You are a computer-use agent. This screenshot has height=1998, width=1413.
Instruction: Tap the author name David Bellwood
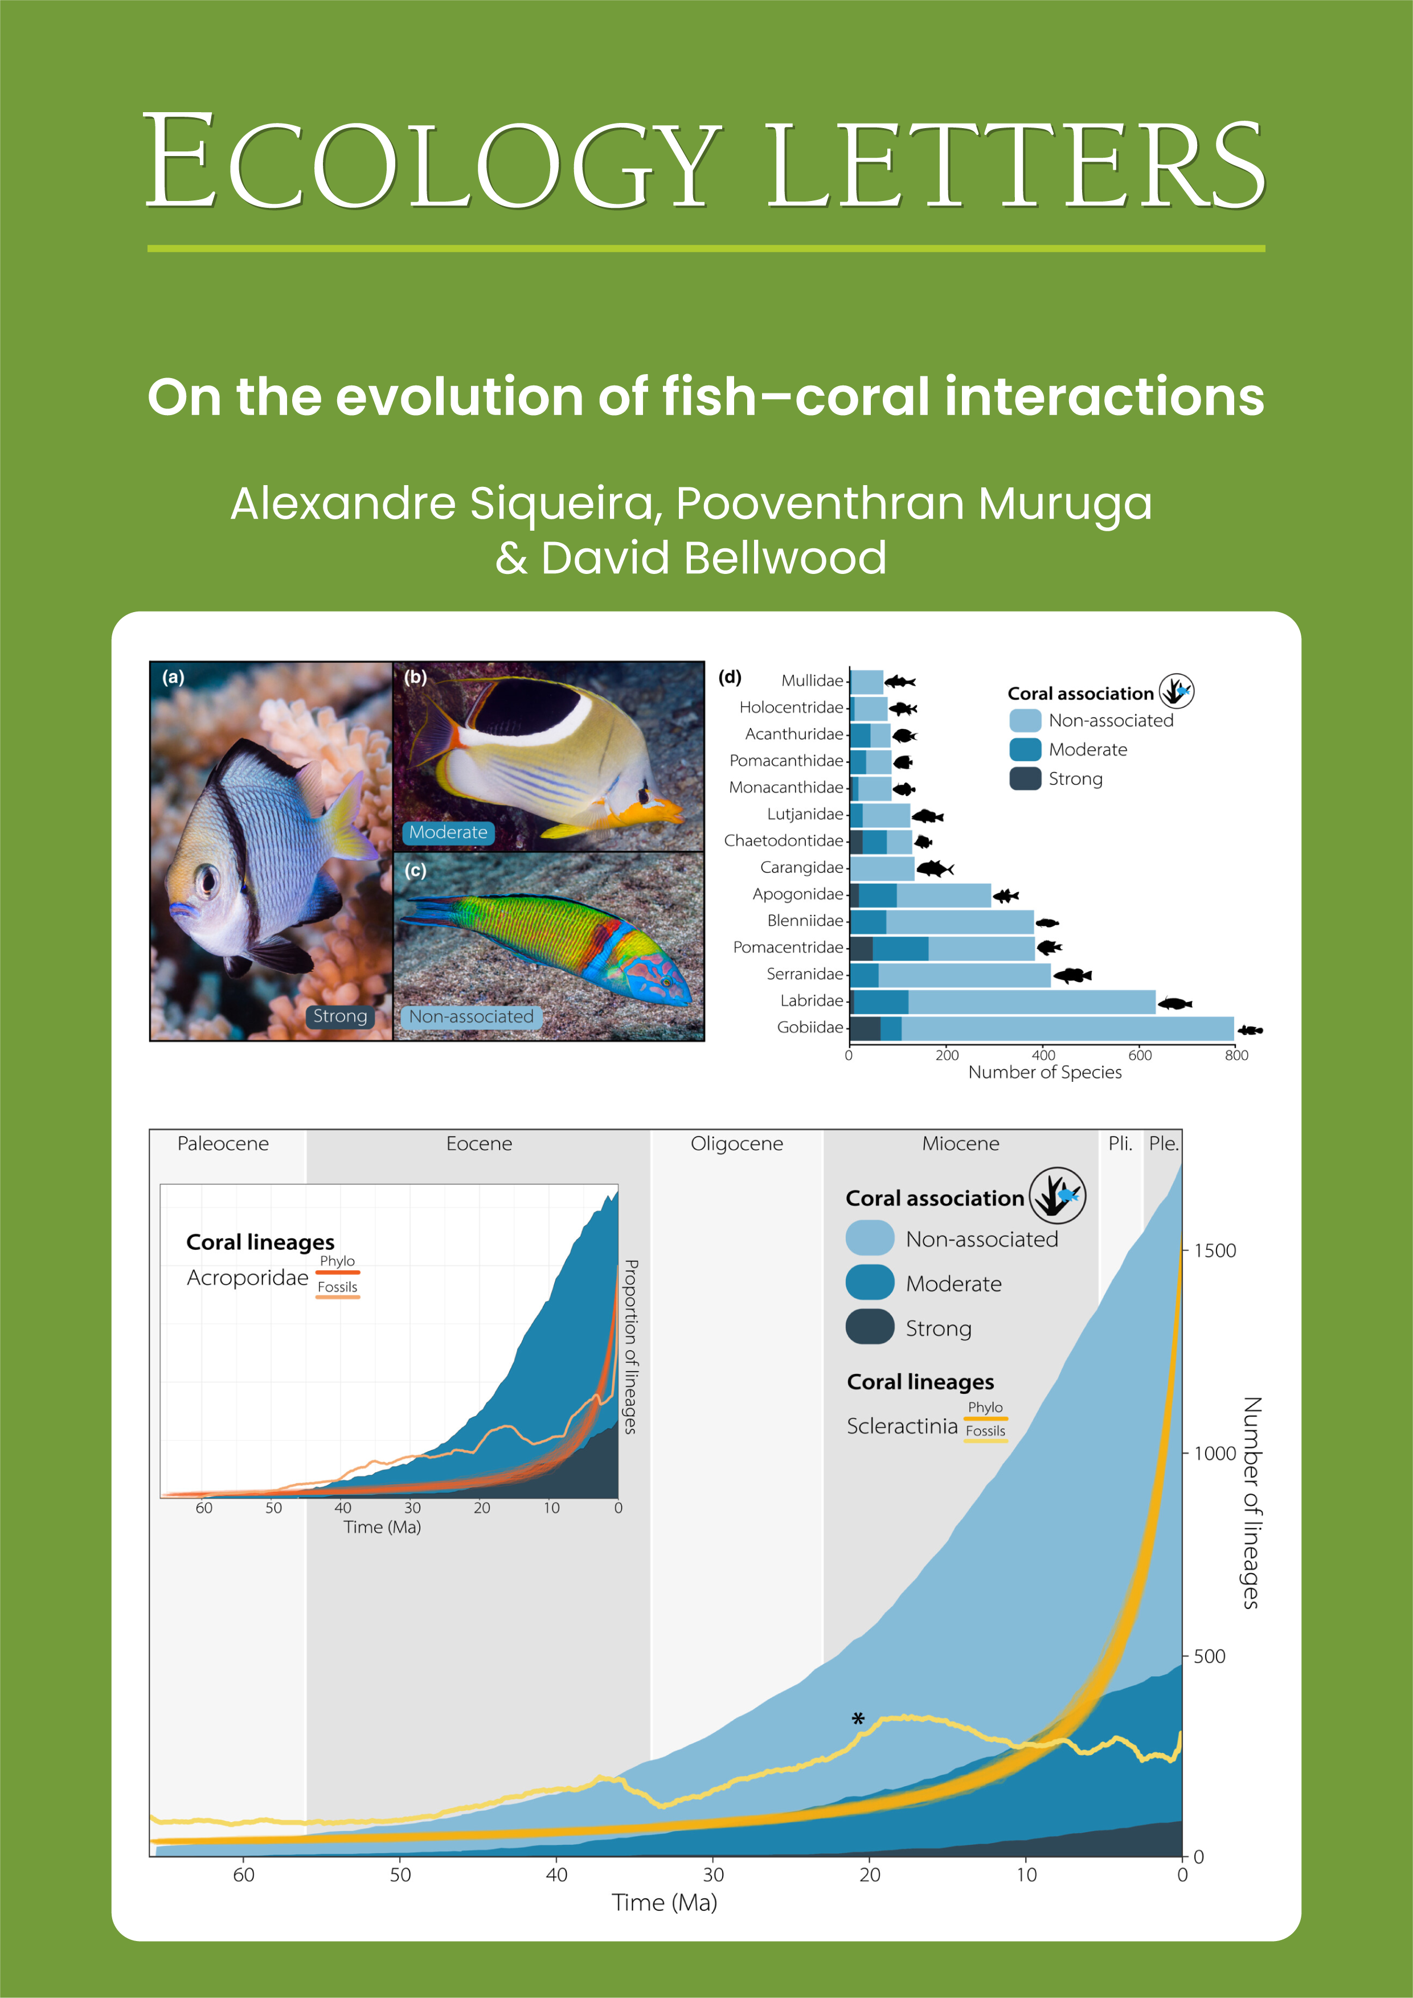point(713,558)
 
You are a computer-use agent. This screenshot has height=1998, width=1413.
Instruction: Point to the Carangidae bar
point(882,868)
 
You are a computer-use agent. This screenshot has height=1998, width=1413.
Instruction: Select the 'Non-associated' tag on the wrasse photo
point(471,1016)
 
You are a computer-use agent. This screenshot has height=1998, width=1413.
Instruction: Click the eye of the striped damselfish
point(208,879)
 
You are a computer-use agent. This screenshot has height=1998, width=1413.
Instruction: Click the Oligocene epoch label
point(736,1143)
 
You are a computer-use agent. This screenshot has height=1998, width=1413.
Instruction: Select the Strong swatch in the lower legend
point(870,1327)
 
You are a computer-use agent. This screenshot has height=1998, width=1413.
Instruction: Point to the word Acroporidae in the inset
point(247,1278)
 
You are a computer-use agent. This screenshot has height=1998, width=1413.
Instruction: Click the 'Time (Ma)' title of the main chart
point(664,1903)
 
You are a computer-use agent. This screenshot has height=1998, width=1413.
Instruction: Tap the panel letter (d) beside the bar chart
point(730,677)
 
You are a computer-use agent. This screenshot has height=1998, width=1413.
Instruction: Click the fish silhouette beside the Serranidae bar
point(1072,975)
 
